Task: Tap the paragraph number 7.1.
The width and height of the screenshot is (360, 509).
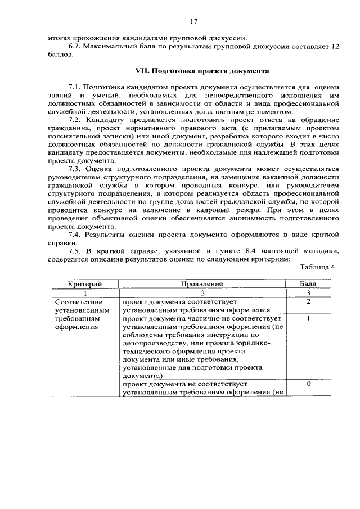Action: tap(76, 88)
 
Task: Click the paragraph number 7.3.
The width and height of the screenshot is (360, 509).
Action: tap(76, 169)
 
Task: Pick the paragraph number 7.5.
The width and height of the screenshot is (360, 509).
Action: tap(76, 251)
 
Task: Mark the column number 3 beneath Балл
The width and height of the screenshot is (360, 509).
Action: tap(308, 293)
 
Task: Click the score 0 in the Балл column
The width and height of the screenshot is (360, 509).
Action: tap(308, 384)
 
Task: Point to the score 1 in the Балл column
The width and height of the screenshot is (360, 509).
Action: tap(308, 318)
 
